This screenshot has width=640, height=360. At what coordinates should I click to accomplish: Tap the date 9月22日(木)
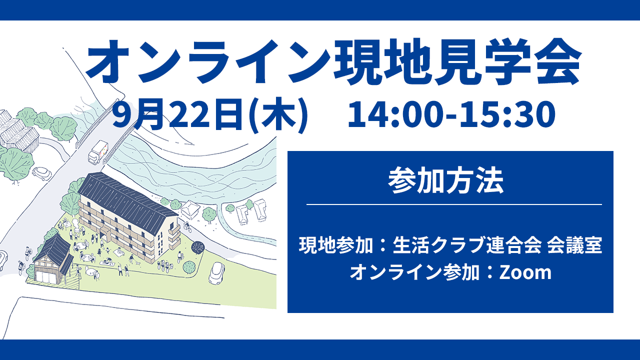tap(210, 115)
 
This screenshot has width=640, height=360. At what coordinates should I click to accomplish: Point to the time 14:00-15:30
tap(451, 114)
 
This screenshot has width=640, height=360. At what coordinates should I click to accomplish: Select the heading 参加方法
tap(445, 180)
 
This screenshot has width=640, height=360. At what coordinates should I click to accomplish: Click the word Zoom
tap(525, 273)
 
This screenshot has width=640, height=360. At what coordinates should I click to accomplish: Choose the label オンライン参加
tap(415, 272)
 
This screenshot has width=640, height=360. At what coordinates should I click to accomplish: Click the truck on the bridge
tap(98, 151)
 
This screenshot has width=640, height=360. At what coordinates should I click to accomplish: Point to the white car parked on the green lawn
tap(216, 273)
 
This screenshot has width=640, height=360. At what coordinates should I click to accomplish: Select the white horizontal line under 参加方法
tap(454, 204)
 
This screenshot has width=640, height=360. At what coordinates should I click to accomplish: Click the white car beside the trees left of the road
tap(41, 173)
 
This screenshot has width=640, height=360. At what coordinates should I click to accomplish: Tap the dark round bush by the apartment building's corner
tap(197, 247)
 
